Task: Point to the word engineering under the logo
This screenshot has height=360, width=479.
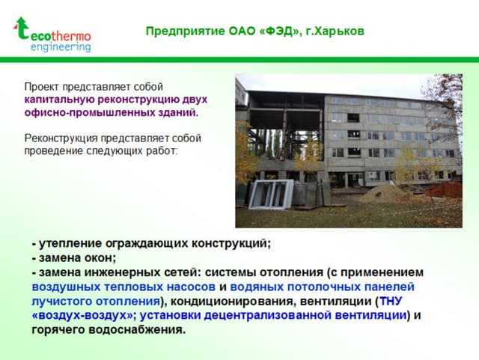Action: coord(61,46)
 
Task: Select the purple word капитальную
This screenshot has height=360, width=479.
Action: coord(58,100)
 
